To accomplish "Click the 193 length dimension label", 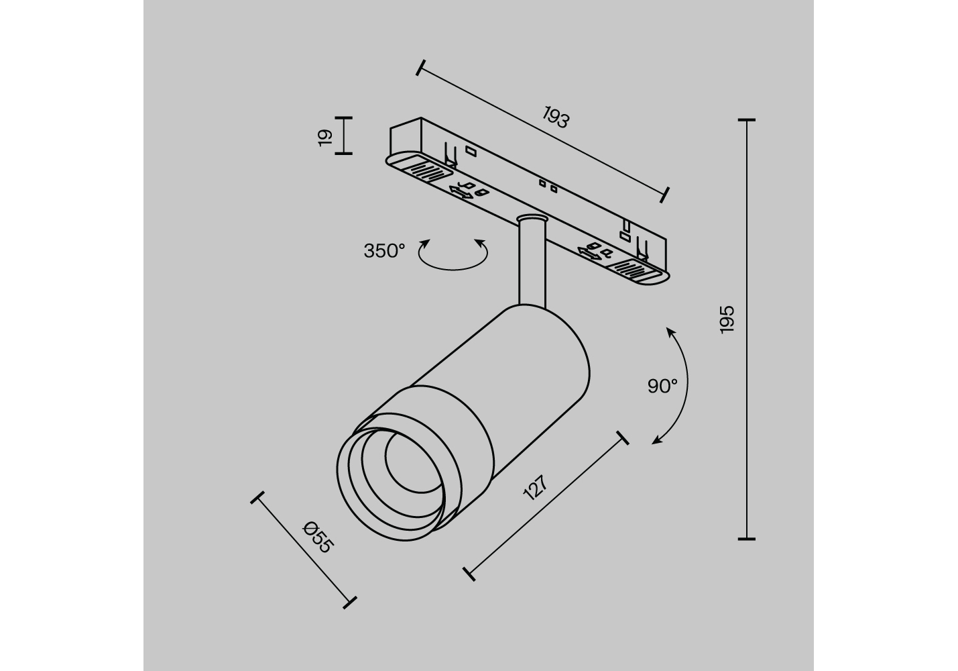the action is click(x=556, y=117).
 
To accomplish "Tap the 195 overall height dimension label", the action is click(x=727, y=319).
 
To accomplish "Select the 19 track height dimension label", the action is click(x=325, y=138).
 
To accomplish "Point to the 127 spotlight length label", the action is click(x=535, y=487).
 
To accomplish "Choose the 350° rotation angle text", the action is click(x=384, y=251).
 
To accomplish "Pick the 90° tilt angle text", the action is click(x=662, y=386).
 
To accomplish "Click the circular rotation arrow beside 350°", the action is click(x=453, y=268).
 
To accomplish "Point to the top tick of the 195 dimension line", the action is click(x=747, y=120).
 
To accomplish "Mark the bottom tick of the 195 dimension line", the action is click(x=747, y=539).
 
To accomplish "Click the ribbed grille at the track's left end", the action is click(x=429, y=171).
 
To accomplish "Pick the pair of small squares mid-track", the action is click(x=548, y=186).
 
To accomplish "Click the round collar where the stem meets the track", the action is click(x=532, y=219).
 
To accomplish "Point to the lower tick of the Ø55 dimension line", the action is click(x=350, y=603).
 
